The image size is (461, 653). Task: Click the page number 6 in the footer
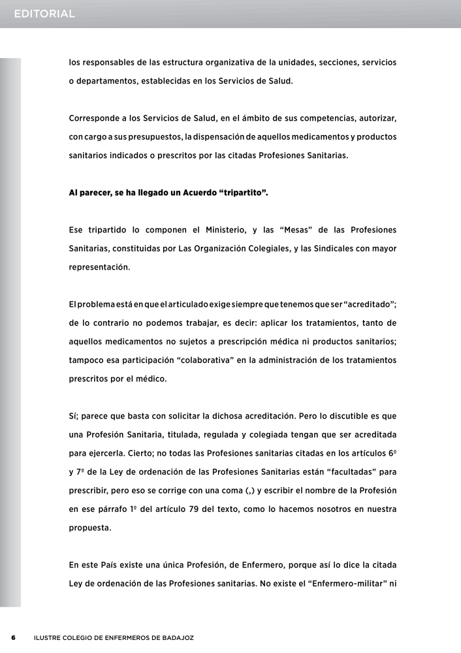(12, 637)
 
